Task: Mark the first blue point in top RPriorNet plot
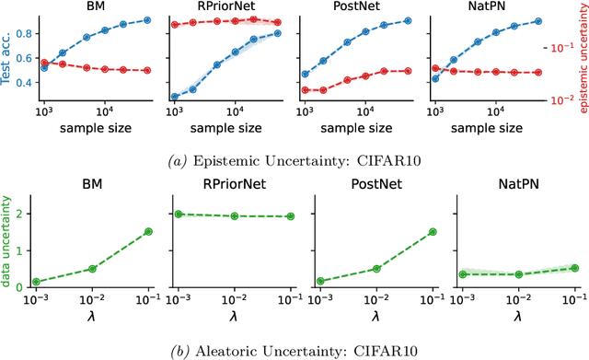click(174, 96)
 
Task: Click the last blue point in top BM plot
click(148, 19)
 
